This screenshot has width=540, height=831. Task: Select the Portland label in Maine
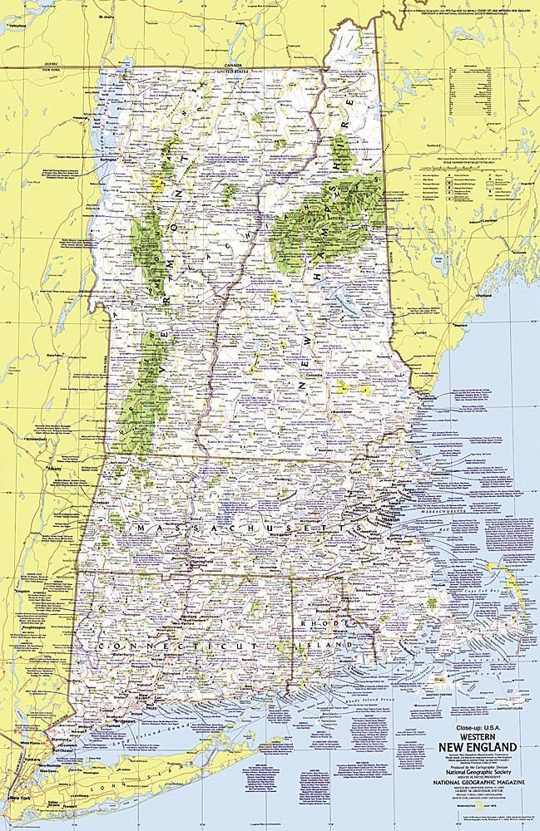tap(481, 295)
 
